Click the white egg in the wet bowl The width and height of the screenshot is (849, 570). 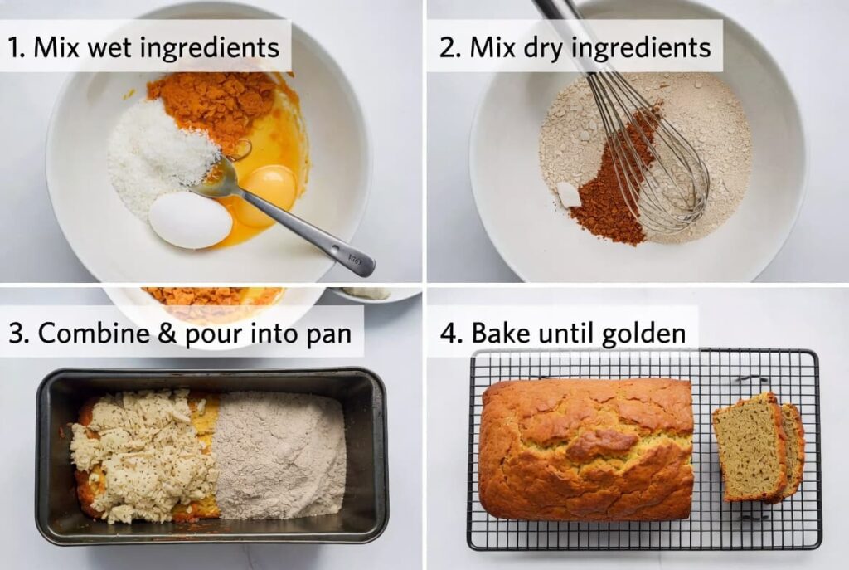[x=190, y=220]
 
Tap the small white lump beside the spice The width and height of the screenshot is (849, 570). [x=569, y=194]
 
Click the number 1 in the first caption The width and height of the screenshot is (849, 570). [x=14, y=47]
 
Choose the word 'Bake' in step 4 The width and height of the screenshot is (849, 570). [x=497, y=334]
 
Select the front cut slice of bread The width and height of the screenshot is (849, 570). [x=749, y=448]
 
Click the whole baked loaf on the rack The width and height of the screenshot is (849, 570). [x=585, y=449]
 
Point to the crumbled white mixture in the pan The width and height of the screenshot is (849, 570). [x=137, y=452]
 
